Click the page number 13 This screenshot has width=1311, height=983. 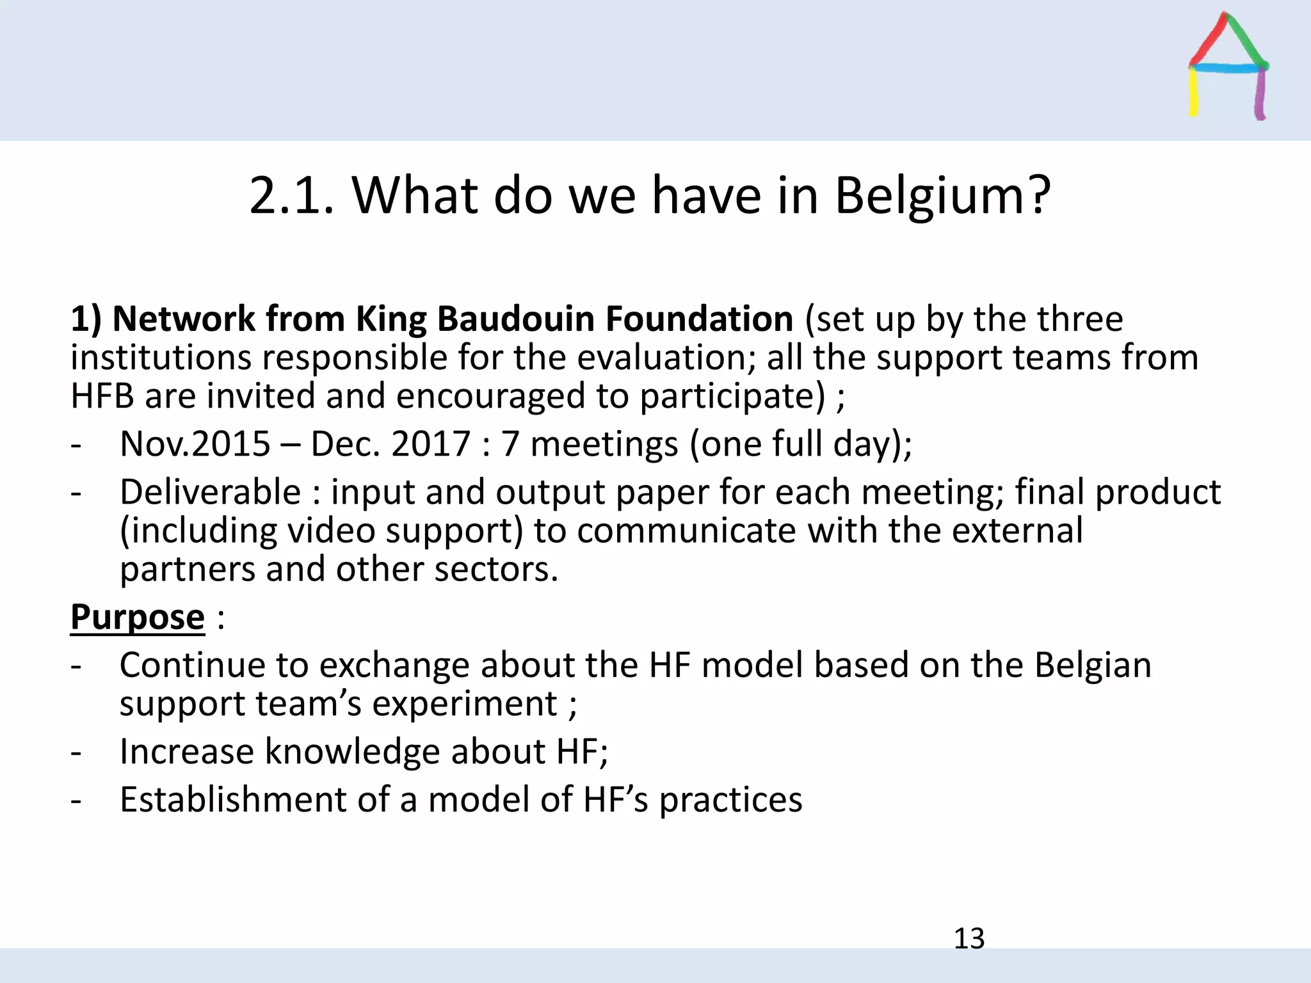tap(969, 938)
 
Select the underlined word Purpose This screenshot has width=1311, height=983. tap(138, 618)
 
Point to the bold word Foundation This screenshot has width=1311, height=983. tap(699, 319)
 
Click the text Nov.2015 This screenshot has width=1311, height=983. tap(195, 444)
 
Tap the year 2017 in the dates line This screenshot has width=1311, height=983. tap(431, 444)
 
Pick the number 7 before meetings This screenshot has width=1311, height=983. tap(510, 444)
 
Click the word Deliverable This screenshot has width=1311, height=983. tap(210, 492)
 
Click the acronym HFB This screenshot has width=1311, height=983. tap(102, 396)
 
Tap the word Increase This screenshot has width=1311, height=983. tap(186, 751)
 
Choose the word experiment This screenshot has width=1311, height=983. tap(465, 704)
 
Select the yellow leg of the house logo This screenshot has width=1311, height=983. tap(1194, 93)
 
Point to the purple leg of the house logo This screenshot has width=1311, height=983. tap(1260, 95)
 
